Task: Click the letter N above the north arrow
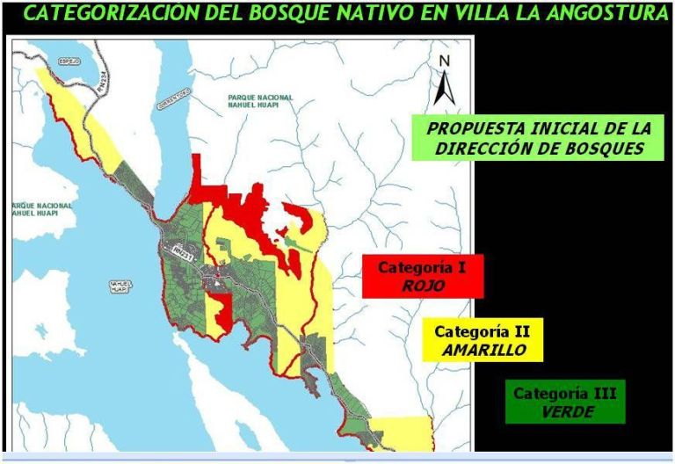tap(445, 62)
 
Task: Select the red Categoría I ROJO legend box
tap(422, 276)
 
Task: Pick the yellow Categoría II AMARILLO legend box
tap(483, 340)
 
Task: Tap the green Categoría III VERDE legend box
tap(565, 402)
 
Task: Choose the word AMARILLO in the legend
tap(484, 350)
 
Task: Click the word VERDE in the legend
tap(566, 411)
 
